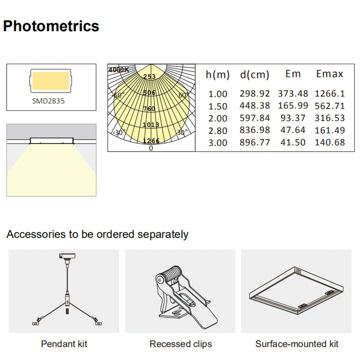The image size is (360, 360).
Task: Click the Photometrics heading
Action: tap(51, 26)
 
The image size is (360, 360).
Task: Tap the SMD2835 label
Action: tap(48, 101)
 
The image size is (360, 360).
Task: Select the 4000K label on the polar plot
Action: tap(119, 70)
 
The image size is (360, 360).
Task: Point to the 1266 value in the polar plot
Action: tap(151, 141)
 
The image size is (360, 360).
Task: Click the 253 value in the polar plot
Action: tap(149, 77)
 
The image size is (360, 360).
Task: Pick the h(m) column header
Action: tap(218, 74)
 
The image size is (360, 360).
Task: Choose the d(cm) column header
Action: tap(254, 74)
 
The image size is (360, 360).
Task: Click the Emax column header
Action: tap(330, 74)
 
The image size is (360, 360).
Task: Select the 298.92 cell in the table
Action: tap(255, 94)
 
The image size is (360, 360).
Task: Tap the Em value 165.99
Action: tap(293, 106)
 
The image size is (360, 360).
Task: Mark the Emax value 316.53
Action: tap(330, 118)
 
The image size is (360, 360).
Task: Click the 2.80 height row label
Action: tap(218, 131)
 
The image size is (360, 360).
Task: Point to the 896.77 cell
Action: tap(255, 143)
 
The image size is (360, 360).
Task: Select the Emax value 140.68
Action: tap(330, 143)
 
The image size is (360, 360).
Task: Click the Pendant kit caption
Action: tap(64, 344)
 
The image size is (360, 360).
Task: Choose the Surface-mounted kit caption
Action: tap(297, 344)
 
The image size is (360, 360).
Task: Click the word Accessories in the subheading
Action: tap(36, 235)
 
